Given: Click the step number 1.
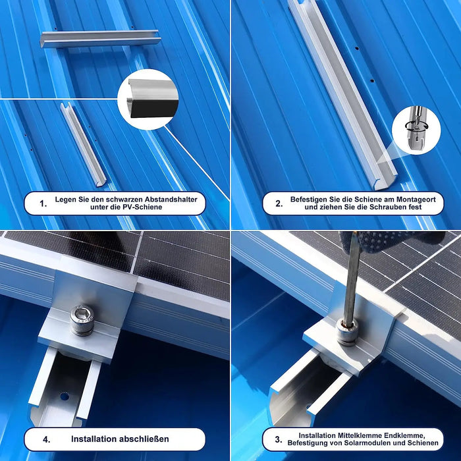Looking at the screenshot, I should coord(43,203).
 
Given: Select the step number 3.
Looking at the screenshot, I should coord(279,439).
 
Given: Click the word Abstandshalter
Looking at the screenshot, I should coord(171,199).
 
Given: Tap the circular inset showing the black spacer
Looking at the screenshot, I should coord(147,99).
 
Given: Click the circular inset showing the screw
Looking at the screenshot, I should coord(416,129).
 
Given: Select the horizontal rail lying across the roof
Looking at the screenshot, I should coord(101,38).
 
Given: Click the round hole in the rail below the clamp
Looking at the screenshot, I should coord(64,396).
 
